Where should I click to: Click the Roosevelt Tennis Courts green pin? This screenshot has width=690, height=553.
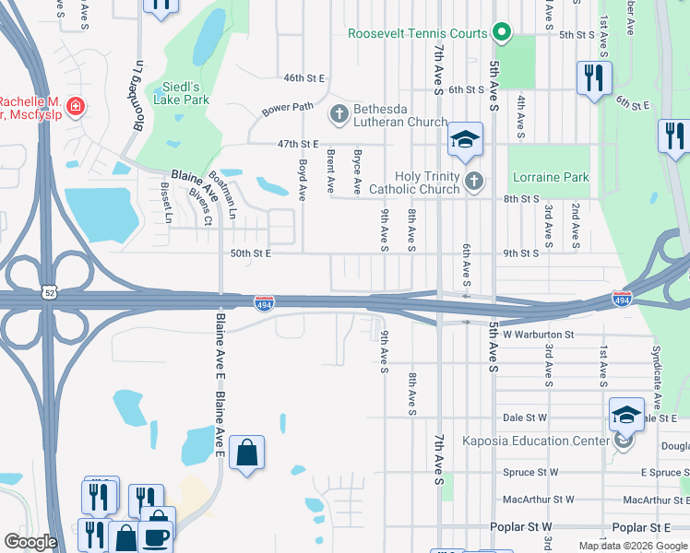(501, 33)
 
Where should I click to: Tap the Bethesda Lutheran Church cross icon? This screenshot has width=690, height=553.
(339, 114)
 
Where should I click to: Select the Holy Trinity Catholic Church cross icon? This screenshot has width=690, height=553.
(473, 182)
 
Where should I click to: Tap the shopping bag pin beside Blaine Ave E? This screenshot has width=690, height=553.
(246, 453)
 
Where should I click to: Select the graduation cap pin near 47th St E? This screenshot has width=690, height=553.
(466, 140)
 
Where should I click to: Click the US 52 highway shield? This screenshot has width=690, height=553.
(48, 291)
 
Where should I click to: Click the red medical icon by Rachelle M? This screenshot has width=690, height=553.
(75, 107)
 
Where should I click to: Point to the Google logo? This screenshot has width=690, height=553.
(30, 541)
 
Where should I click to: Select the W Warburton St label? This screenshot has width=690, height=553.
(539, 335)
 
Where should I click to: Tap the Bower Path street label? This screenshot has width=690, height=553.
(288, 109)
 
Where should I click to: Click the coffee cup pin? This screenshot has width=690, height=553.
(155, 535)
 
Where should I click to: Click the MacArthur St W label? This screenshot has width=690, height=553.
(538, 500)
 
